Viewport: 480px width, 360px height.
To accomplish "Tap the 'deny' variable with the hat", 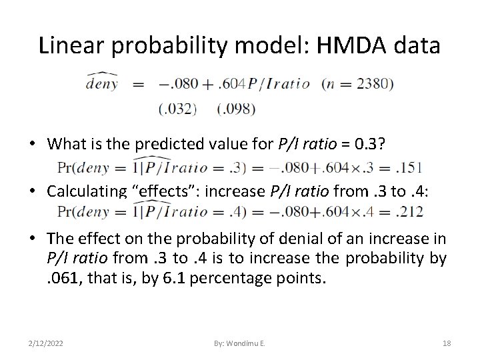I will pos(101,83).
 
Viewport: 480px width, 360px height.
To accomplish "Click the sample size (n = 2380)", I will pos(357,85).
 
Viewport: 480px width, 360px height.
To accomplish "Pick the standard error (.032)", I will pos(177,108).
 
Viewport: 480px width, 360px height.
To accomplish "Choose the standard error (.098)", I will pos(237,108).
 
